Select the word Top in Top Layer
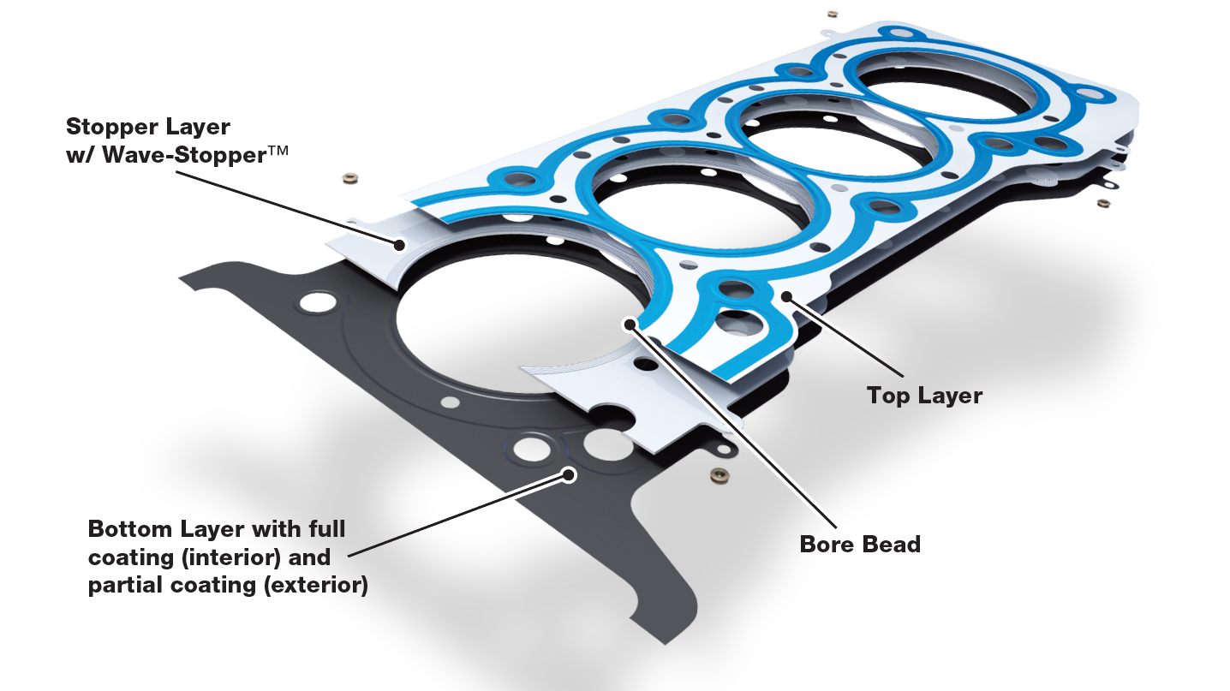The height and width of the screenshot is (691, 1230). coord(888,396)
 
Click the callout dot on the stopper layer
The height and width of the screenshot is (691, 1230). coord(398,246)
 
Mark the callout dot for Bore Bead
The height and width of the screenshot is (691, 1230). coord(631,325)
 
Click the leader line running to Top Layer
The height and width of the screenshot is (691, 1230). coord(848,338)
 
